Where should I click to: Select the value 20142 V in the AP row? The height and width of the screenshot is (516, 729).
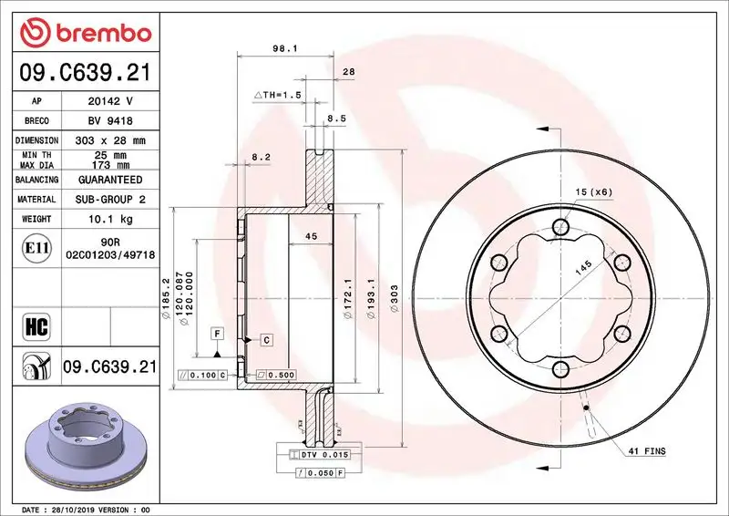[x=110, y=101]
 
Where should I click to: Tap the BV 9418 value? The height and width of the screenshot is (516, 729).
[x=110, y=120]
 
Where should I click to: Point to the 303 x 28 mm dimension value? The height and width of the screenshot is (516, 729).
[x=110, y=140]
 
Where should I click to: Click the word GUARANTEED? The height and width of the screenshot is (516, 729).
[x=110, y=181]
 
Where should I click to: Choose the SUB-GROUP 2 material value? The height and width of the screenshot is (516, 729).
[x=110, y=200]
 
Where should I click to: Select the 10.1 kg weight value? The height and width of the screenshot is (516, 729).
[x=110, y=220]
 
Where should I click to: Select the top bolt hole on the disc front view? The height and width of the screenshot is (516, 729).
[x=561, y=227]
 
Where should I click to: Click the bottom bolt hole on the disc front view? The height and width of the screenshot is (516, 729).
[x=561, y=368]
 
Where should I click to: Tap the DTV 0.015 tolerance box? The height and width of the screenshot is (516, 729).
[x=325, y=454]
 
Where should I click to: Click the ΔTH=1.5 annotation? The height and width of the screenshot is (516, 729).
[x=277, y=96]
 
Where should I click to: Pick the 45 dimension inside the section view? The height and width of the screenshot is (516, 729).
[x=310, y=237]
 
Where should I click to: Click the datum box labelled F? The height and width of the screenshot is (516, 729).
[x=218, y=334]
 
